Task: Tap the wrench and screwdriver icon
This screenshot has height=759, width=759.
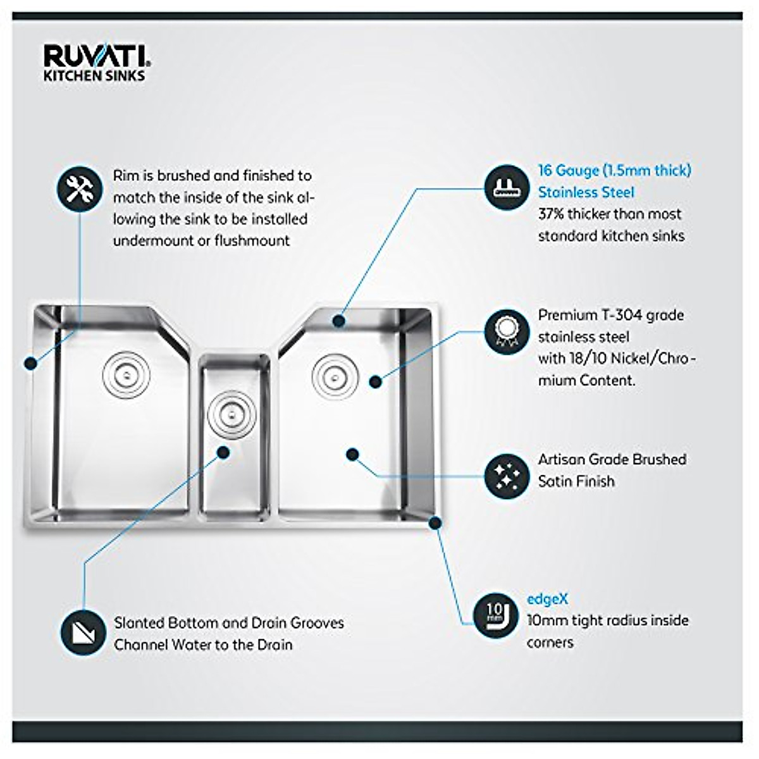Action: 80,188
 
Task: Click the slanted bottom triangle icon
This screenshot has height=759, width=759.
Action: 83,633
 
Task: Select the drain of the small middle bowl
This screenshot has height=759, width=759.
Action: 226,415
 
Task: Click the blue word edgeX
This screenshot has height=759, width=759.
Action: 547,598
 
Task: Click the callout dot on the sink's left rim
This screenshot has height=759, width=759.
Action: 29,363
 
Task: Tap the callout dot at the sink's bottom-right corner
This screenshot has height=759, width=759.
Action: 435,522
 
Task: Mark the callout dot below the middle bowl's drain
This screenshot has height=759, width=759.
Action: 223,452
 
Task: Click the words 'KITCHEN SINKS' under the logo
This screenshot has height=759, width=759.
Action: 94,75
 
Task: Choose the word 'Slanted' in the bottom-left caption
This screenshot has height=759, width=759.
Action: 139,622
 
